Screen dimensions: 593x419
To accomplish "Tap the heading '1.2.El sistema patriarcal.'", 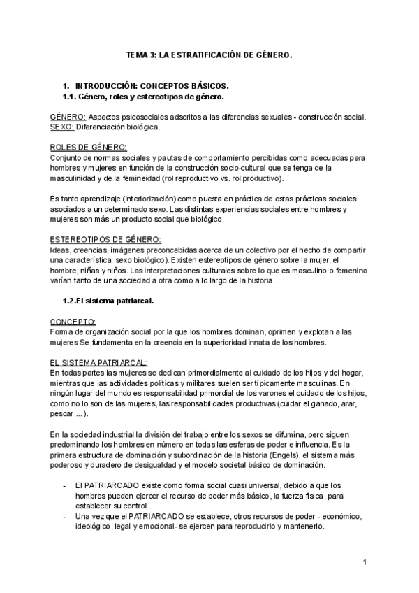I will click(108, 301).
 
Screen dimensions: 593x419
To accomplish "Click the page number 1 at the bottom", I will click(365, 562).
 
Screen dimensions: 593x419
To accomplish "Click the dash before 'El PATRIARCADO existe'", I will click(64, 485).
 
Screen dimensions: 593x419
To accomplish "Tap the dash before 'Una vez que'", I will click(64, 516).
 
